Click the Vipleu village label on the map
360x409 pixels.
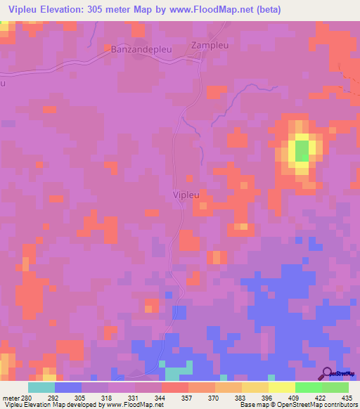tap(185, 194)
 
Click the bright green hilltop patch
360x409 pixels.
tap(302, 150)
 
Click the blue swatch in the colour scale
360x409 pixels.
tap(67, 387)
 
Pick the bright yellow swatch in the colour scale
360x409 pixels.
tap(281, 387)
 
